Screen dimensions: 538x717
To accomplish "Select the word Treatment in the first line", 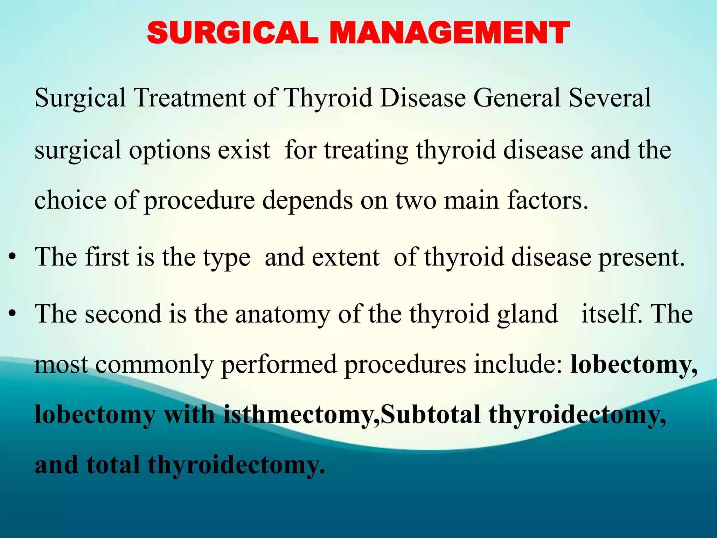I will click(x=190, y=98).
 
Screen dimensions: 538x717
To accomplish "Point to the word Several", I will click(x=610, y=98).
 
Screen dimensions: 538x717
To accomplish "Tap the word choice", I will click(x=70, y=200).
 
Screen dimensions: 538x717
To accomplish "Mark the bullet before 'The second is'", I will click(x=13, y=315).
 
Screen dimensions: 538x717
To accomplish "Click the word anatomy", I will click(x=283, y=314).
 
